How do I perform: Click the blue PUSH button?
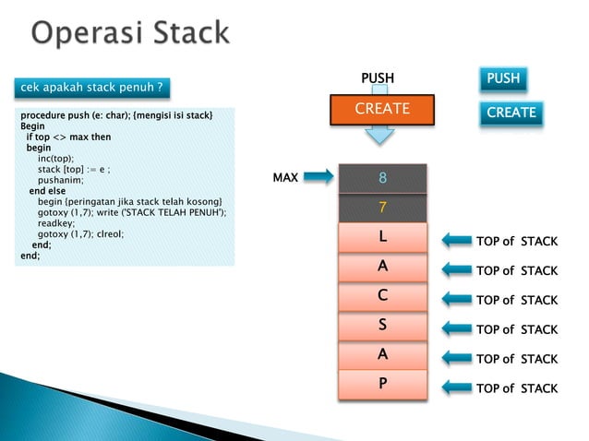tap(503, 79)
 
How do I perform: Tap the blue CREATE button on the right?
tap(511, 113)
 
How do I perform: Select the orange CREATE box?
tap(382, 110)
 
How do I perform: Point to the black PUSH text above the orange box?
tap(377, 78)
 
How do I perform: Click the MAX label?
tap(285, 177)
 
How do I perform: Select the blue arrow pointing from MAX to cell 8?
tap(319, 177)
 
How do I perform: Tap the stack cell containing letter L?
tap(382, 238)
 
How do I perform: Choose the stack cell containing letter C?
tap(382, 296)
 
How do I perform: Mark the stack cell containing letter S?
tap(382, 326)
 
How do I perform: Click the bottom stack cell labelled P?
tap(382, 384)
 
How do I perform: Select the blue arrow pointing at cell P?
tap(456, 388)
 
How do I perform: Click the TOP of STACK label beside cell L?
tap(516, 242)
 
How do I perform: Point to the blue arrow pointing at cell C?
tap(456, 300)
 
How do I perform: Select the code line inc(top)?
tap(55, 158)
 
